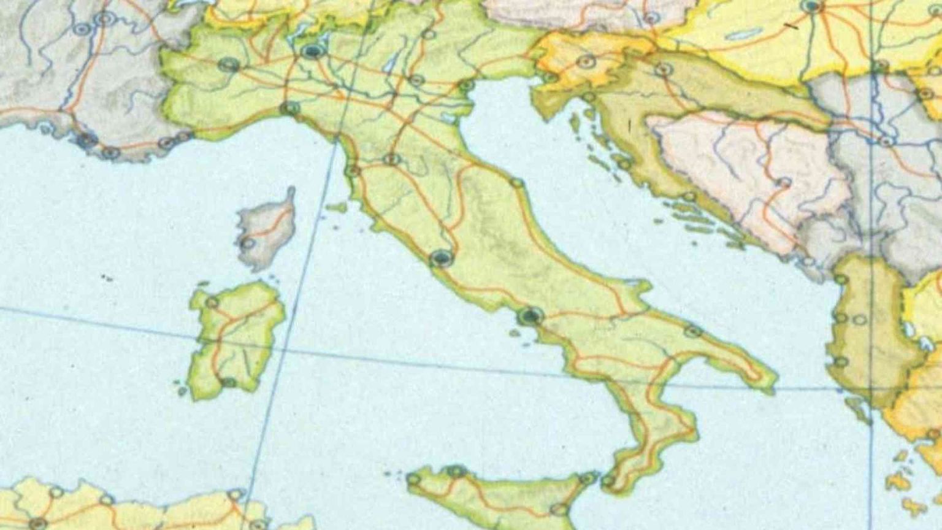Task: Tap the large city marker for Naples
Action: (530, 316)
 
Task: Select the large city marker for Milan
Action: (313, 50)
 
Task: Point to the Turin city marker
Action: (230, 64)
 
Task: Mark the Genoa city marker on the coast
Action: (289, 109)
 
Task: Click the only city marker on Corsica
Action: (248, 243)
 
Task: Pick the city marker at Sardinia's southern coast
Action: (228, 382)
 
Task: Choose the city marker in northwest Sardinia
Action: (212, 302)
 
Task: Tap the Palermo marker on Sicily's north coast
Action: (456, 471)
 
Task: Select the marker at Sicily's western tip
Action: (413, 479)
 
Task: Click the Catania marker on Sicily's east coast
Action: (559, 509)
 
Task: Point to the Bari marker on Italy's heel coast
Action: (693, 331)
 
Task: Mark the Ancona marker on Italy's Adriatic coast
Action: (516, 183)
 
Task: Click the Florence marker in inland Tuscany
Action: (391, 159)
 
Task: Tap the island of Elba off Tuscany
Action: (336, 209)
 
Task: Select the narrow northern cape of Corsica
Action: (290, 195)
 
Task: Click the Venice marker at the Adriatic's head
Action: (466, 85)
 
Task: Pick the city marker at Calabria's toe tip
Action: (608, 480)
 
